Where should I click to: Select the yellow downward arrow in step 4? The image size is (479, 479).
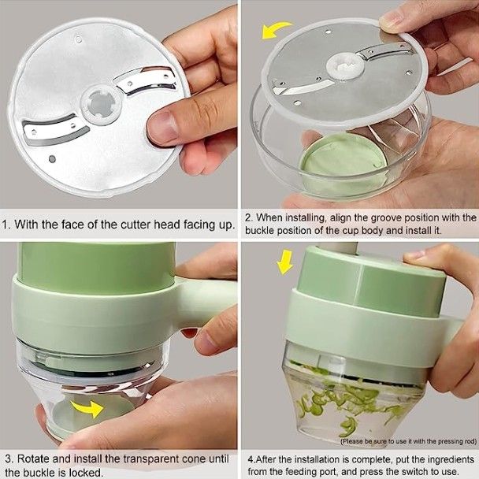(284, 262)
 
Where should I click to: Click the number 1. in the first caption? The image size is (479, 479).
(9, 225)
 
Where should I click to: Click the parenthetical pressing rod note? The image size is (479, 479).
(407, 441)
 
